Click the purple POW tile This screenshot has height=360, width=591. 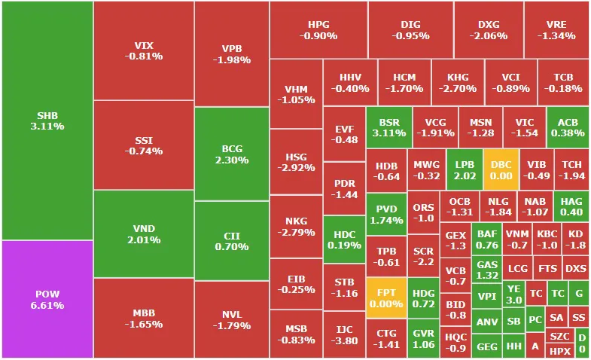click(x=46, y=299)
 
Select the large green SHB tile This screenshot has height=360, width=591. click(x=46, y=121)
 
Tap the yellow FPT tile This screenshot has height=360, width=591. click(x=385, y=297)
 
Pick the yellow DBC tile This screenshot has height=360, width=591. click(x=501, y=169)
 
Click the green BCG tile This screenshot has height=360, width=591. click(x=231, y=154)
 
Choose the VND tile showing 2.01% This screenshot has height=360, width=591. click(x=143, y=233)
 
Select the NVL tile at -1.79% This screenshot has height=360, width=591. click(x=231, y=320)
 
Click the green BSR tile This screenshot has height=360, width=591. click(x=388, y=127)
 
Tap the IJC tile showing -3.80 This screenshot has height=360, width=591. click(x=344, y=334)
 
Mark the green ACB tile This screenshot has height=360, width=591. click(x=568, y=127)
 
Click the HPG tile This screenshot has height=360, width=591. click(x=318, y=29)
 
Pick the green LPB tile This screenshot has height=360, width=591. click(x=465, y=169)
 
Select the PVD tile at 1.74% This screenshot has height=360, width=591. click(x=385, y=214)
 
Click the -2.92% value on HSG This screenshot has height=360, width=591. click(x=296, y=168)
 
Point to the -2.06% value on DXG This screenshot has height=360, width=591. click(x=488, y=35)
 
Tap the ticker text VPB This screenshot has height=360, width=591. click(x=231, y=48)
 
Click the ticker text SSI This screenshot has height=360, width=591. click(x=143, y=139)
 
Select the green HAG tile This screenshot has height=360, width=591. click(x=571, y=206)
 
